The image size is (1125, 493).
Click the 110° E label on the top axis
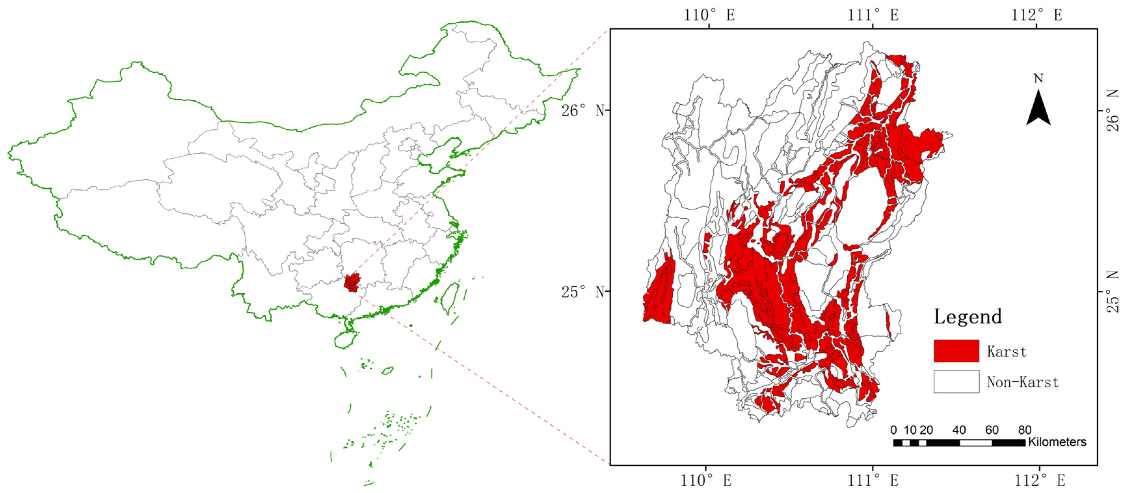709,15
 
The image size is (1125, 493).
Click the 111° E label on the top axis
873,15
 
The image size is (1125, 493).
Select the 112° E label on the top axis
1037,15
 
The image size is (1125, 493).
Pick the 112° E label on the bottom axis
1039,480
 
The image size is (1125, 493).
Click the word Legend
968,316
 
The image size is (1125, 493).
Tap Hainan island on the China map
346,339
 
